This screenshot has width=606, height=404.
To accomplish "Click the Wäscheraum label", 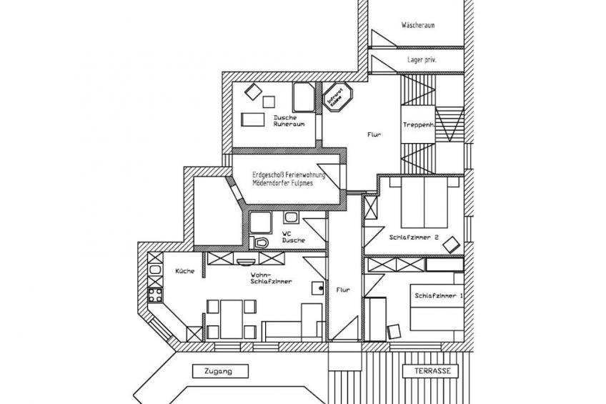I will pyautogui.click(x=418, y=25).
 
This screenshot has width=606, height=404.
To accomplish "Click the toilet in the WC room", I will pyautogui.click(x=262, y=243).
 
